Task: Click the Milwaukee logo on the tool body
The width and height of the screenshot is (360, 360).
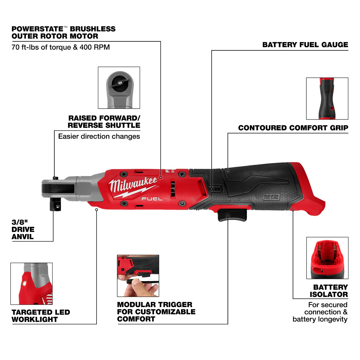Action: pos(134,186)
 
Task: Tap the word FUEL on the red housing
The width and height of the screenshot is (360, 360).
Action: pos(152,199)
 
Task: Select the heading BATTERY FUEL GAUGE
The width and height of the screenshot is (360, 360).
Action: pos(305,45)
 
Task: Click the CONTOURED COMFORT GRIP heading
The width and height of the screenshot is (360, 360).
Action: pos(293,128)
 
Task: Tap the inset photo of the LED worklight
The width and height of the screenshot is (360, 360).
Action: pos(31,283)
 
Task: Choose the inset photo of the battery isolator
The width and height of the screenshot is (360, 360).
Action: pos(327,258)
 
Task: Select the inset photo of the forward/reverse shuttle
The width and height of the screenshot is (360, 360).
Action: pos(119,87)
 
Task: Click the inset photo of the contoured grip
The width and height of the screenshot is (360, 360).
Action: pos(327,98)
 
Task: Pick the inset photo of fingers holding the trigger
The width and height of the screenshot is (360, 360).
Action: pos(138,276)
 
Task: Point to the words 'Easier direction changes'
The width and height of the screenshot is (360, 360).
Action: pos(99,136)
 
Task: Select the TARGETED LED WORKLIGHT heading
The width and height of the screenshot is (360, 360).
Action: pos(41,316)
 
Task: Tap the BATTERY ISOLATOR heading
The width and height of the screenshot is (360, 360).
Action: pos(330,291)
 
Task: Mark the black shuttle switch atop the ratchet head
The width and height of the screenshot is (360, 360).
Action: pos(54,177)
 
